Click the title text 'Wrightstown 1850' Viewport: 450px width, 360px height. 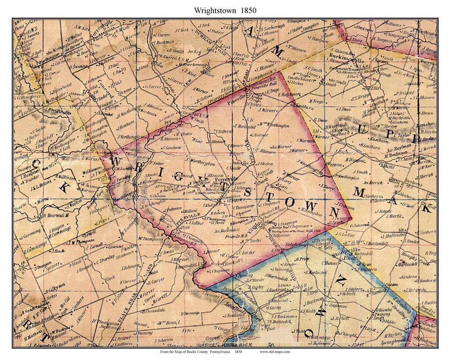(225, 10)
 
